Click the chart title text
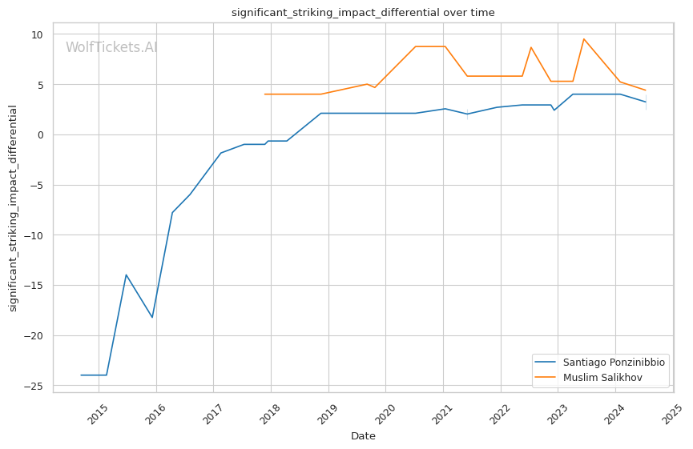click(363, 13)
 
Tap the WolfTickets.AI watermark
click(111, 48)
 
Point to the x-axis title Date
click(363, 436)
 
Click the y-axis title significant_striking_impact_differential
click(13, 208)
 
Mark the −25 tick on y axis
click(34, 387)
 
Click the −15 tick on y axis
click(34, 286)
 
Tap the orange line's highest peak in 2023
click(584, 38)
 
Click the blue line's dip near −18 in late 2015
click(152, 318)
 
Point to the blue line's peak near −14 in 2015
click(126, 275)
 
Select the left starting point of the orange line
click(264, 94)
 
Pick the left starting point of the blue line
click(81, 375)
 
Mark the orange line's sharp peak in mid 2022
click(531, 47)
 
